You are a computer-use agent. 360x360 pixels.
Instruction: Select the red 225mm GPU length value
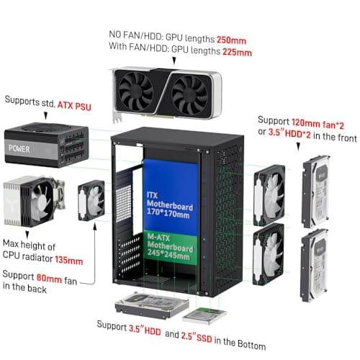[238, 52]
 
